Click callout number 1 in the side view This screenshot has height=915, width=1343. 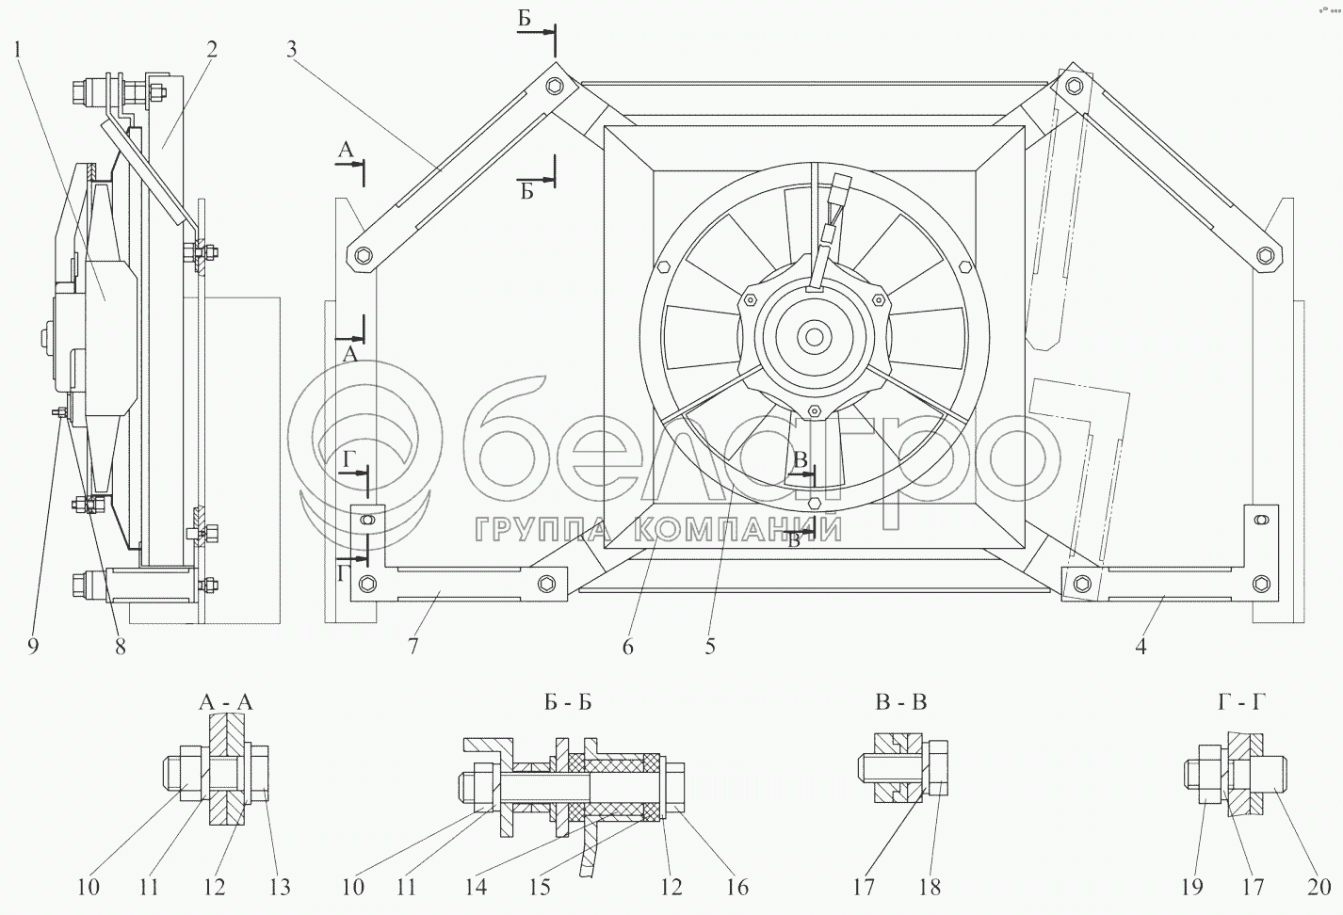(x=18, y=50)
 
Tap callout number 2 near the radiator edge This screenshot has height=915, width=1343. (x=212, y=50)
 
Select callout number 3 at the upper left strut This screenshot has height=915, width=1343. (x=291, y=50)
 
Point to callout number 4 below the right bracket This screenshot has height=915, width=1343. (x=1141, y=647)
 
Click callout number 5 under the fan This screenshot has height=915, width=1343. (x=710, y=647)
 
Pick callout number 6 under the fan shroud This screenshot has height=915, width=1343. (x=628, y=647)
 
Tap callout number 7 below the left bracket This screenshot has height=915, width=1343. (x=413, y=647)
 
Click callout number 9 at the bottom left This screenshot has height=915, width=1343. (x=33, y=647)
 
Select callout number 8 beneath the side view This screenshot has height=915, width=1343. (x=121, y=647)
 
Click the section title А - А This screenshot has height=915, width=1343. (x=226, y=702)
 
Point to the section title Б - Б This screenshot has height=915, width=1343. (x=569, y=702)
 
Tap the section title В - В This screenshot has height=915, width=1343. (x=901, y=702)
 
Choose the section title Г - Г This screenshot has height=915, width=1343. (x=1241, y=702)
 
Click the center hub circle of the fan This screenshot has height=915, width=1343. (x=815, y=337)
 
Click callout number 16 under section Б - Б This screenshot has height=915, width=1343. (x=737, y=888)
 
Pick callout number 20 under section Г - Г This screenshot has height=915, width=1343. (x=1319, y=888)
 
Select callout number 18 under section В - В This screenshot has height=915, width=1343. (x=930, y=888)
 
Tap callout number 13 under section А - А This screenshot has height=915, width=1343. (x=280, y=888)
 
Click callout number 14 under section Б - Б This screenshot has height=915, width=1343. (x=477, y=888)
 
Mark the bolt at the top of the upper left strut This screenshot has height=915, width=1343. (x=555, y=86)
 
